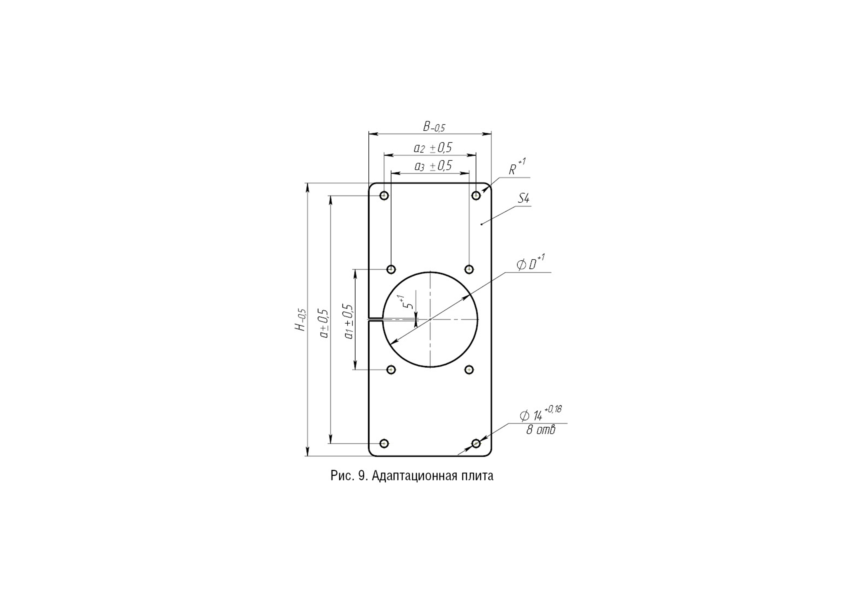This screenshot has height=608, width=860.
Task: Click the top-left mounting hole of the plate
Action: [384, 196]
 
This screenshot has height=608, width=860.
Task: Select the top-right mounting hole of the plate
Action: [476, 196]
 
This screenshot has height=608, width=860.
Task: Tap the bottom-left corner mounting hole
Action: [384, 443]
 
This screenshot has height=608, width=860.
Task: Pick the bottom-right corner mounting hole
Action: [476, 443]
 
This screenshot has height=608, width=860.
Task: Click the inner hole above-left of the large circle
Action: [391, 269]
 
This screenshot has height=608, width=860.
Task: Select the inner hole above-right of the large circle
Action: [469, 269]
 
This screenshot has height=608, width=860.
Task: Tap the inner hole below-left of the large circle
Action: [391, 370]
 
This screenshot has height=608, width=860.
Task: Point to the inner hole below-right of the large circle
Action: [469, 370]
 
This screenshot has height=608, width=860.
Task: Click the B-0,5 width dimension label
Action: [434, 127]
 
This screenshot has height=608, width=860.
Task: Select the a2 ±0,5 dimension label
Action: [433, 148]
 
